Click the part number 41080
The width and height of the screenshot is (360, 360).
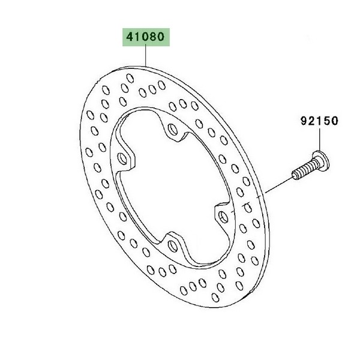[x=146, y=37]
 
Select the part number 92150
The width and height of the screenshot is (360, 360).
[x=319, y=121]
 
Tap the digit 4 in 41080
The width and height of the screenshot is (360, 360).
[x=130, y=37]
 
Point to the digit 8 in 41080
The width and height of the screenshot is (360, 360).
[x=153, y=37]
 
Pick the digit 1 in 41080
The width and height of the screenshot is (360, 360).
[x=138, y=37]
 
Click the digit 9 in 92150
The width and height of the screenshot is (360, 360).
[x=304, y=121]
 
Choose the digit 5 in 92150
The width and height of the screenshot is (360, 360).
[x=327, y=121]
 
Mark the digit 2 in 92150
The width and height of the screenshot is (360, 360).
[x=312, y=121]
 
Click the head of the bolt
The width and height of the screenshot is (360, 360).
[x=322, y=160]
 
